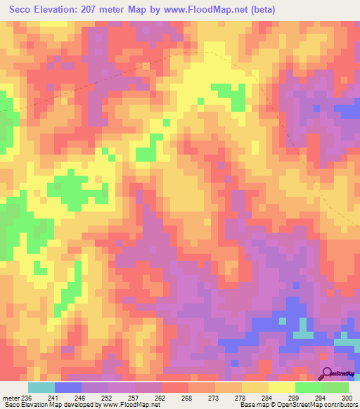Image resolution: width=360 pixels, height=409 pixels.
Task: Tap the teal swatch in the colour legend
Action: (41, 388)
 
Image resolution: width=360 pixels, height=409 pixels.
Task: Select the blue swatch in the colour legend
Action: (68, 388)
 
